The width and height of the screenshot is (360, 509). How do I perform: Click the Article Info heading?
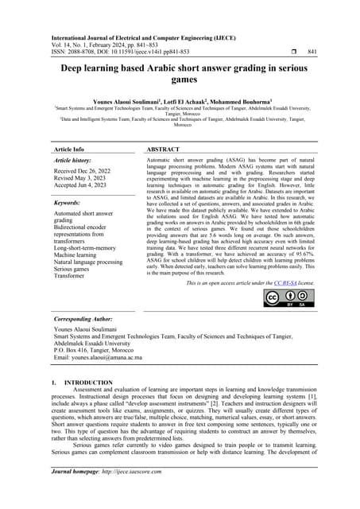click(x=68, y=149)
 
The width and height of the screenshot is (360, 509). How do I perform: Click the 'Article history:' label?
click(x=76, y=160)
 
